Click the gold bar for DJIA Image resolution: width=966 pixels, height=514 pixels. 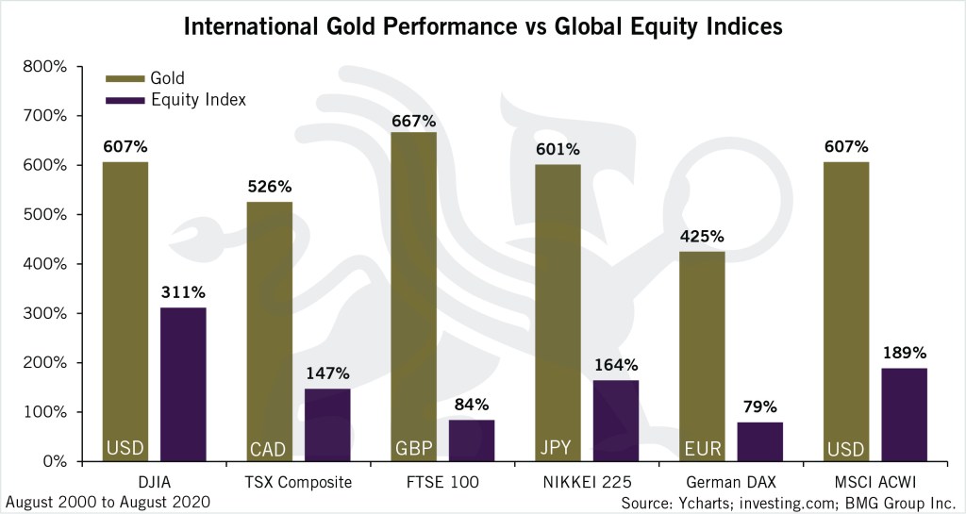click(x=125, y=311)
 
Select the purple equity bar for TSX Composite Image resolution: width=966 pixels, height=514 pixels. click(x=327, y=424)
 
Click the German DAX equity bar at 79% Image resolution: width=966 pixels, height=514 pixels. click(x=760, y=441)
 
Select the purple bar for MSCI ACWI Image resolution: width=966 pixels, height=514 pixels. click(x=904, y=414)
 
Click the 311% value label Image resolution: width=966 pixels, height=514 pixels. click(x=183, y=291)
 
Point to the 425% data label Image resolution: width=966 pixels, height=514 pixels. click(x=703, y=236)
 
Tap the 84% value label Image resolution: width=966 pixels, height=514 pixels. click(x=472, y=405)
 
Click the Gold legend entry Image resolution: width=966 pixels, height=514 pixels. click(x=167, y=78)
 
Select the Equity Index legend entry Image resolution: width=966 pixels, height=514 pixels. click(x=197, y=100)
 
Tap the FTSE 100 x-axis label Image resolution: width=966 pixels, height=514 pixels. click(x=442, y=483)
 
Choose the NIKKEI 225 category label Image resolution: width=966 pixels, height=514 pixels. click(x=587, y=483)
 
